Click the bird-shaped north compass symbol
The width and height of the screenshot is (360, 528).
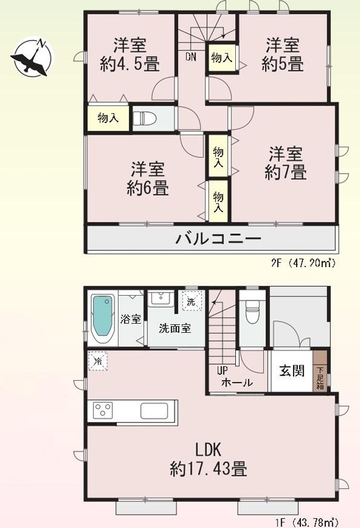32,57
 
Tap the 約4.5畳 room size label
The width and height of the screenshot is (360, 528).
130,63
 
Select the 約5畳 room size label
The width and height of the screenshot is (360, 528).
282,63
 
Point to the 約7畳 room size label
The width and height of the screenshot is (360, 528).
286,172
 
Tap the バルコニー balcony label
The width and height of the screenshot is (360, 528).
218,239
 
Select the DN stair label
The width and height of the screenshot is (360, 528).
191,57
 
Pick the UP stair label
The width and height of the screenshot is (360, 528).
222,371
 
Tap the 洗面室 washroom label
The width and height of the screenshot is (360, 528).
175,328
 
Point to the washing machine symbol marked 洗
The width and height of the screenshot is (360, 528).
192,301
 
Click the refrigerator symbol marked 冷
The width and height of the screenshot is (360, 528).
98,362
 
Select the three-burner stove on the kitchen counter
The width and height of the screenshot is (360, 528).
103,411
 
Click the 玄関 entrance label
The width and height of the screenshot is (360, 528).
292,371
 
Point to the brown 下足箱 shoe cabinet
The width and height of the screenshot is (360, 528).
320,371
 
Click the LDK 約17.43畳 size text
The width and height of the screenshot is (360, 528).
209,459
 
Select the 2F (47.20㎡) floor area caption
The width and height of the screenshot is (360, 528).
304,263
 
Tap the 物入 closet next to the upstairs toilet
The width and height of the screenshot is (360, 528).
108,118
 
